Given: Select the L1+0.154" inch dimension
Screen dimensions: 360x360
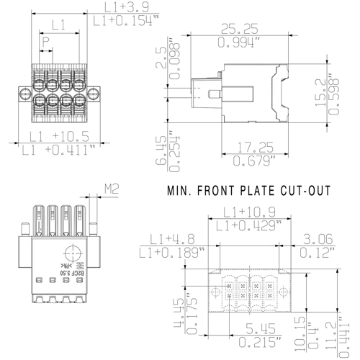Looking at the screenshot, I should click(x=122, y=22).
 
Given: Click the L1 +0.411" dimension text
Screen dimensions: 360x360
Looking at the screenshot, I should click(x=59, y=150).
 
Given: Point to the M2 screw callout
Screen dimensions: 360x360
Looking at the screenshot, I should click(x=112, y=189).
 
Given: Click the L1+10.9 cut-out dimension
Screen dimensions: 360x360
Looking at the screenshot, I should click(x=247, y=212).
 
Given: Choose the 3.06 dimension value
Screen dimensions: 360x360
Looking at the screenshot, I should click(x=319, y=239).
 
